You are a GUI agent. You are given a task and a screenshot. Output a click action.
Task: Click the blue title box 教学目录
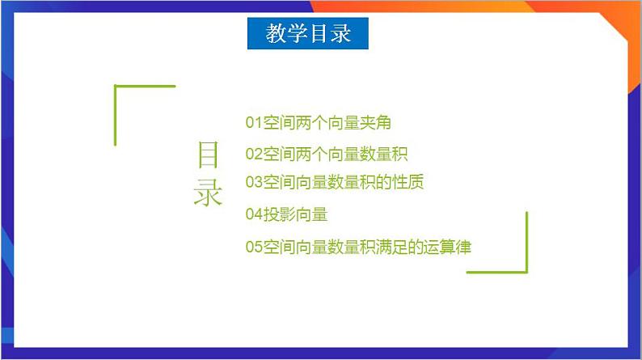[x=308, y=34]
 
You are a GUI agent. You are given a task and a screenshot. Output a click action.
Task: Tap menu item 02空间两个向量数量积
[x=326, y=154]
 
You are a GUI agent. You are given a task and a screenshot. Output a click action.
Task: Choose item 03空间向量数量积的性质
[x=335, y=182]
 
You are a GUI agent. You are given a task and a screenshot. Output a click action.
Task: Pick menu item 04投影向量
[x=286, y=214]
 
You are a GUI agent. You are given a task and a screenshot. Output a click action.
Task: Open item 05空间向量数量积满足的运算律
[x=358, y=248]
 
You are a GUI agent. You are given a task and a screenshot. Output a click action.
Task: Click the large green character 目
[x=208, y=155]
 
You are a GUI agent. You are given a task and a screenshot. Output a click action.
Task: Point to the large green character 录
[x=208, y=193]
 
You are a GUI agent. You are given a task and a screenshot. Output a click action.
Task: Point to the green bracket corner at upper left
[x=116, y=87]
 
